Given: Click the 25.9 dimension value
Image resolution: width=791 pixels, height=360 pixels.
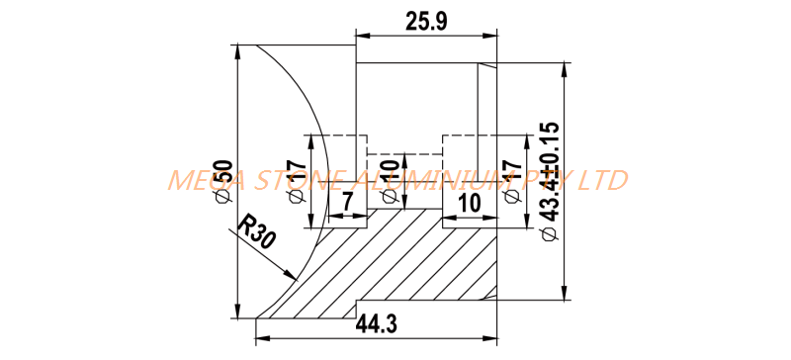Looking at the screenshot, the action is click(426, 21).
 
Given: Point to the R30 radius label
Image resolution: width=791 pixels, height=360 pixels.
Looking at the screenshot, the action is click(256, 230).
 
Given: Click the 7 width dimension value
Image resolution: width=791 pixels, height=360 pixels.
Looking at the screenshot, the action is click(348, 202).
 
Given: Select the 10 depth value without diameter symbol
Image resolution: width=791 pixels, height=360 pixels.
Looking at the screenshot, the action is click(469, 203).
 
